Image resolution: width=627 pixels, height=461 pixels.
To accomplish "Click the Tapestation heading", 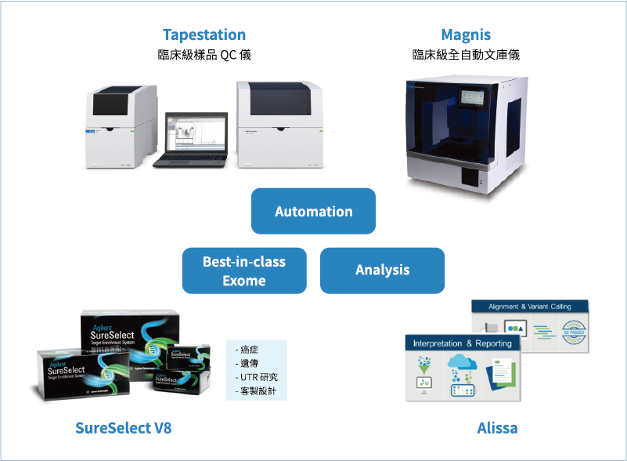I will pos(204,35).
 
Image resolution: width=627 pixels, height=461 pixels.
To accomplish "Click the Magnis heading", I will pos(466,35).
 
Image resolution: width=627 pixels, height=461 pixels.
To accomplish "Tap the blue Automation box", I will pos(313,212).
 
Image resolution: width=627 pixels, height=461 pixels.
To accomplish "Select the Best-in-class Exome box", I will pos(244,270).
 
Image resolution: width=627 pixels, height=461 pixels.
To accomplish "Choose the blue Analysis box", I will pos(382,270).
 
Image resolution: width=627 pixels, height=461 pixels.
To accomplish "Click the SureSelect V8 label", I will pos(123,428).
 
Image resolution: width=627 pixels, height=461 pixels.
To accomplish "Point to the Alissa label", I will pos(497,428).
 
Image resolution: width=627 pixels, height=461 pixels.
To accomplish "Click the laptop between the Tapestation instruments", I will pos(190,141).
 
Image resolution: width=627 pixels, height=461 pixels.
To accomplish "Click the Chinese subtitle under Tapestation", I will pos(204,56).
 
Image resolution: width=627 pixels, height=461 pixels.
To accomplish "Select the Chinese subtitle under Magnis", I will pos(466,56).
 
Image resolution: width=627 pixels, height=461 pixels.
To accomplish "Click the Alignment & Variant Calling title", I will pos(530,307).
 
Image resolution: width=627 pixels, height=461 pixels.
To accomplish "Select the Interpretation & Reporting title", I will pos(462,343).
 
